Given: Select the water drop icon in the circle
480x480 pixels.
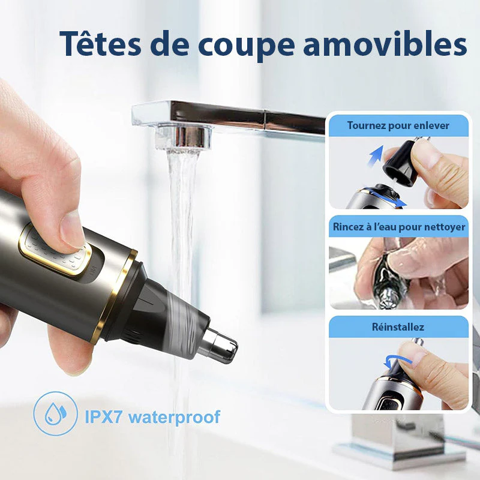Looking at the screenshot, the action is (x=55, y=413).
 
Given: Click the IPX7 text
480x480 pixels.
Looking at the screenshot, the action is (x=103, y=416).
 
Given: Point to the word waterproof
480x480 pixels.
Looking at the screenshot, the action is (x=174, y=417).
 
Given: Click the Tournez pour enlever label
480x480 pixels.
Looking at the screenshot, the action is (x=398, y=125).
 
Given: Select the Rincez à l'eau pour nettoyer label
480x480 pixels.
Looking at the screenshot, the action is (x=398, y=227).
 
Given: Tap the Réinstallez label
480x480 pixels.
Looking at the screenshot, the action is (x=398, y=326).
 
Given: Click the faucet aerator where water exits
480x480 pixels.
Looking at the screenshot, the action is (x=183, y=137).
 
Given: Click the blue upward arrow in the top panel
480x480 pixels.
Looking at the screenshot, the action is (x=376, y=156).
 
